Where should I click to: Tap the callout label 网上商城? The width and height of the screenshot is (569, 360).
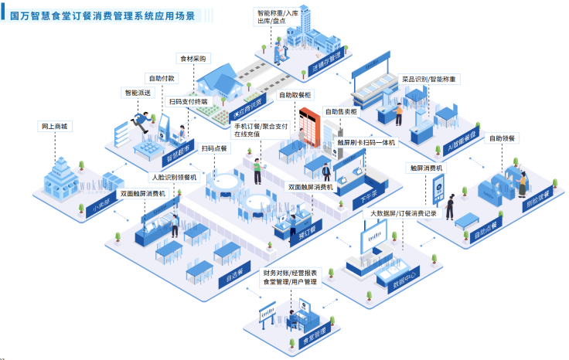coord(54,126)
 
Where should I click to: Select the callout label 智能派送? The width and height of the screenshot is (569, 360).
coord(135,93)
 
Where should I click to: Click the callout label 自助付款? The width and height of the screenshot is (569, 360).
coord(162,78)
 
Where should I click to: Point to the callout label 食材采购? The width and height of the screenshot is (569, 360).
coord(194,59)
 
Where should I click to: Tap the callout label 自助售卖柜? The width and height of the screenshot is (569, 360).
coord(341,111)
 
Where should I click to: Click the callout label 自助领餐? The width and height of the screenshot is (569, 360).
coord(502,138)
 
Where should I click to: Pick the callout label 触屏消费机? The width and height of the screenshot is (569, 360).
coord(426,167)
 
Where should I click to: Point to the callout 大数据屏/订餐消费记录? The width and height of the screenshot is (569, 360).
coord(404,212)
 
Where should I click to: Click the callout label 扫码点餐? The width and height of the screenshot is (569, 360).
coord(213,148)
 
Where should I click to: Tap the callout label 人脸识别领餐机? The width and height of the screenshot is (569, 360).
coord(174,177)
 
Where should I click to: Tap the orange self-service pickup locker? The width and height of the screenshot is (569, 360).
coord(308,124)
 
